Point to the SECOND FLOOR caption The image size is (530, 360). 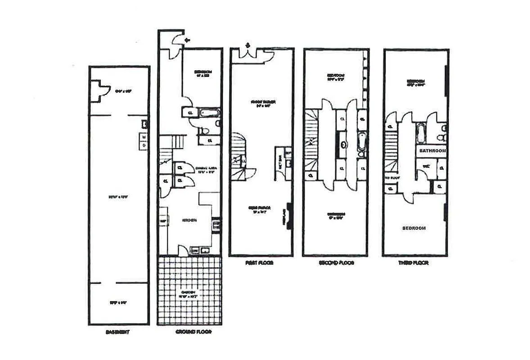pos(335,263)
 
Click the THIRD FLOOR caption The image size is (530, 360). pos(413,263)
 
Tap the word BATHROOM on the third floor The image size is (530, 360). pos(432,151)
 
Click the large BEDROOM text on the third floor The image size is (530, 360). pos(414,228)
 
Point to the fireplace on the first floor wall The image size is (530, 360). pos(288,218)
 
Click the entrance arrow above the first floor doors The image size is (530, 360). pos(247,45)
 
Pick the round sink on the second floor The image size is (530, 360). pos(344,145)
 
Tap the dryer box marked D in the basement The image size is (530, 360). pos(144,146)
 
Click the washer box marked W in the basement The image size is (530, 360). pos(144,138)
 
